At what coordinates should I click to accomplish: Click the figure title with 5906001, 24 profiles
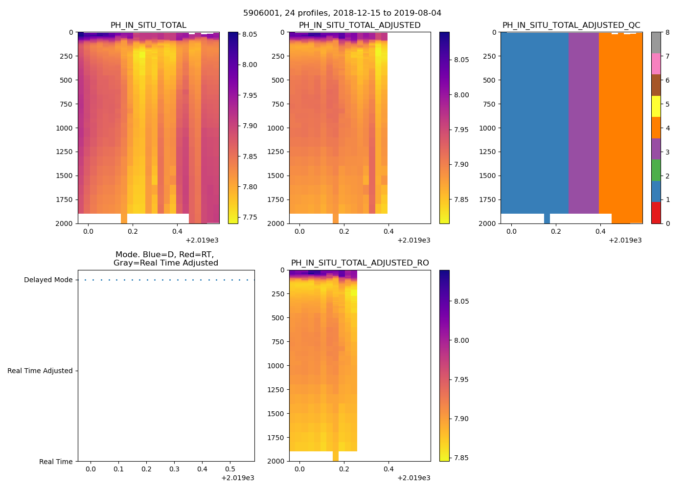[342, 13]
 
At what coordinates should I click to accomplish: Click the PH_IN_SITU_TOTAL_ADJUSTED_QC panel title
[571, 25]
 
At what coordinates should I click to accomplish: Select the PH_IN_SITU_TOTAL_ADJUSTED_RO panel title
[360, 263]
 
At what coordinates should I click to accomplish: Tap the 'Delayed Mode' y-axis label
[48, 280]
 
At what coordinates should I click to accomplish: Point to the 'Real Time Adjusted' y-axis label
[40, 371]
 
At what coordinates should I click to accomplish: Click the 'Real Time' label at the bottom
[56, 462]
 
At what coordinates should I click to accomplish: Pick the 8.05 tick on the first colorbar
[250, 34]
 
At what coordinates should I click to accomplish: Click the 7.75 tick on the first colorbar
[250, 218]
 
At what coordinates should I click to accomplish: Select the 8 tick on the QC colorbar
[667, 33]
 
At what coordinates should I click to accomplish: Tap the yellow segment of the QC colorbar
[656, 107]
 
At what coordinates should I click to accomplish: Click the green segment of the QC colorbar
[656, 170]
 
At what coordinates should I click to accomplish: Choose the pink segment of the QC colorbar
[656, 64]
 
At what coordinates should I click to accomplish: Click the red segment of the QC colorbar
[656, 213]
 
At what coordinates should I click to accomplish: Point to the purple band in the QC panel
[583, 122]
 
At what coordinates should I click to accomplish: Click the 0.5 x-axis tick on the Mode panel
[230, 469]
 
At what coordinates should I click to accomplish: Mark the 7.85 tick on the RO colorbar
[461, 458]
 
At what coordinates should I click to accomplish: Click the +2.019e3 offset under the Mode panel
[237, 478]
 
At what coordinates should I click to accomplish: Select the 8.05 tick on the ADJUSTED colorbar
[461, 60]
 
